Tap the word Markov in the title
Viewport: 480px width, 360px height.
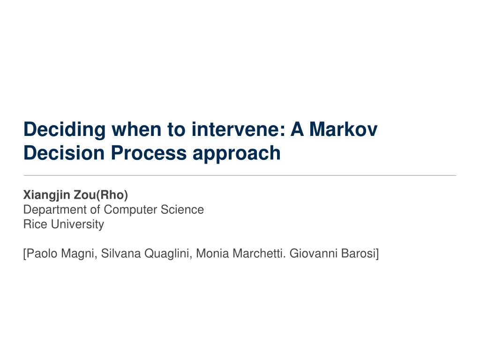(x=343, y=129)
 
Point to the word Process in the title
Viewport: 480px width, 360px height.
(x=149, y=152)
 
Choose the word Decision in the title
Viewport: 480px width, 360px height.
(x=64, y=152)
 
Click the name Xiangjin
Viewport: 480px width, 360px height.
(x=46, y=195)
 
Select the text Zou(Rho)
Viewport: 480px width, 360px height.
(x=101, y=195)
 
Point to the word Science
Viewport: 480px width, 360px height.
(x=182, y=210)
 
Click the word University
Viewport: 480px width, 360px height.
(x=77, y=225)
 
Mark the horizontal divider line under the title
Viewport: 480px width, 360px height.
(x=240, y=175)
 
